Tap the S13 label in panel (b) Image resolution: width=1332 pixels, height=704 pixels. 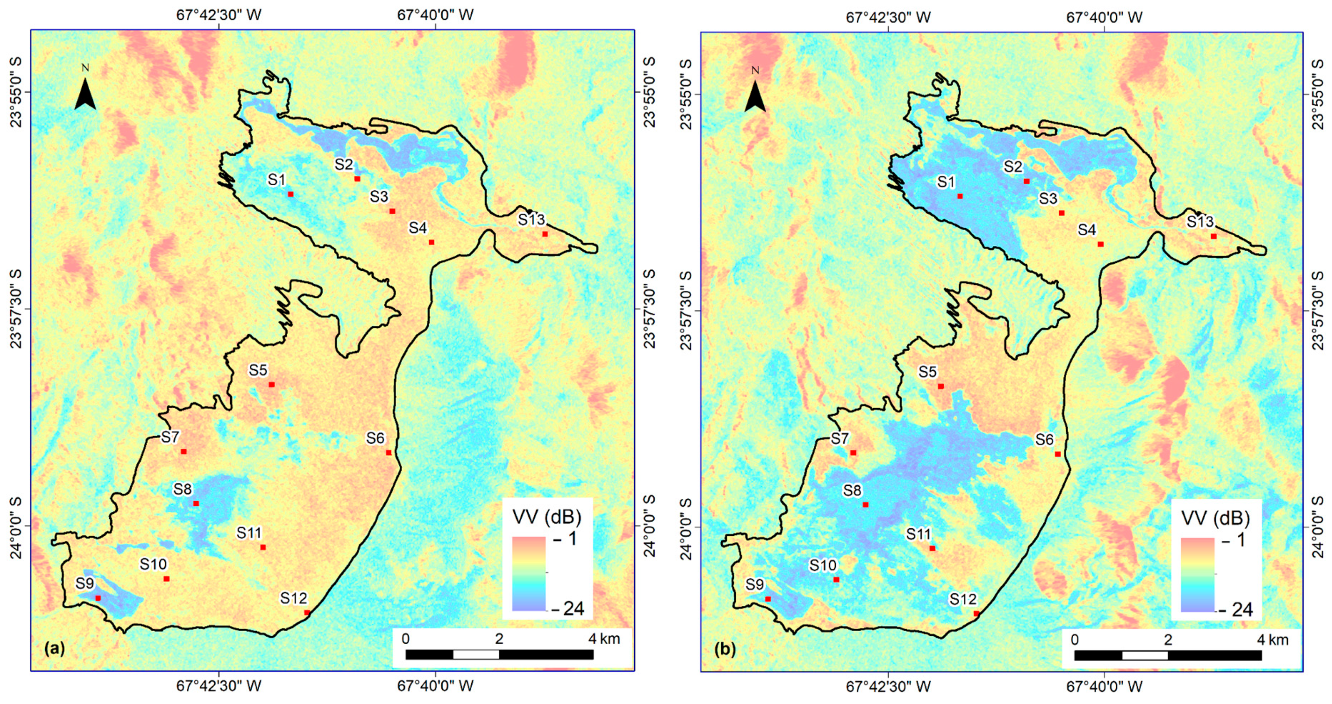(1199, 222)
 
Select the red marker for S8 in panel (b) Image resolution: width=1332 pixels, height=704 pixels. (865, 505)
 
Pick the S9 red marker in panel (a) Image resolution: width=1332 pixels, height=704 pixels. (98, 598)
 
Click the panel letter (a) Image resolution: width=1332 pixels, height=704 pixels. (55, 648)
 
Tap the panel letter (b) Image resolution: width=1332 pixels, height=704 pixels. (724, 650)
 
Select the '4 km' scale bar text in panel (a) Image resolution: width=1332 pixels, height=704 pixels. (604, 639)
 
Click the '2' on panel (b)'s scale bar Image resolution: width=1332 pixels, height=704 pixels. (1168, 640)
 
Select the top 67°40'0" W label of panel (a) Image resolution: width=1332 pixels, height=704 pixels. (435, 14)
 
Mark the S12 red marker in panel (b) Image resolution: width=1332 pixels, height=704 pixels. (976, 613)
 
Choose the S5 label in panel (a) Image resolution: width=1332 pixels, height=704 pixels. (258, 370)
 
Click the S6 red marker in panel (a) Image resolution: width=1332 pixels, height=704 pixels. (389, 452)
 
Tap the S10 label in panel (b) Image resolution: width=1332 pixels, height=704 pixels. (823, 565)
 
